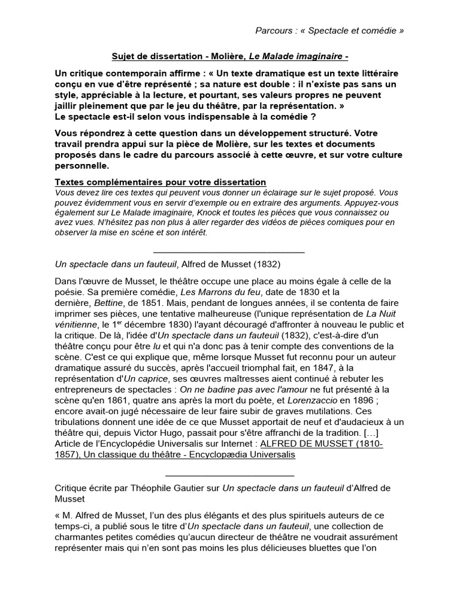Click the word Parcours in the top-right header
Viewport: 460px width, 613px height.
274,31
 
